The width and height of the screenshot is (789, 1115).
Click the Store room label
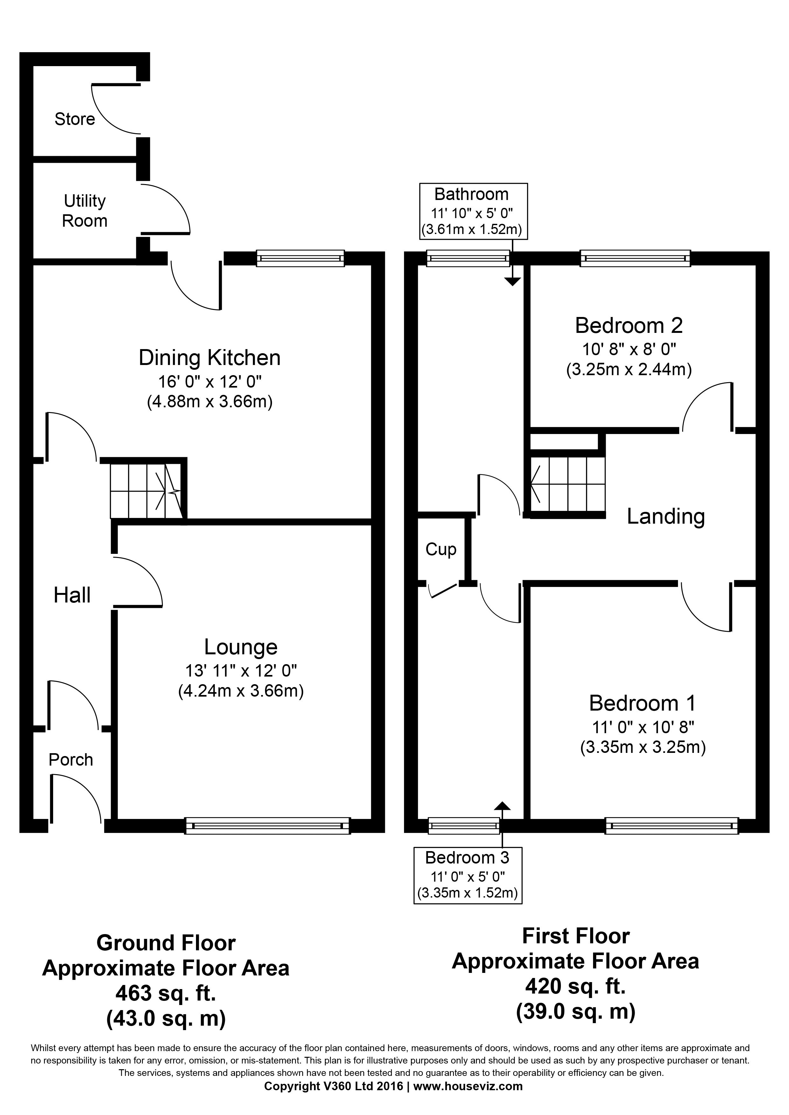(x=75, y=119)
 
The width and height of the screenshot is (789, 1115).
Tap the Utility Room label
(x=85, y=211)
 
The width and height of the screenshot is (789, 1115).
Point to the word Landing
(x=666, y=517)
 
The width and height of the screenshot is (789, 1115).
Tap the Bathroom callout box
(x=474, y=211)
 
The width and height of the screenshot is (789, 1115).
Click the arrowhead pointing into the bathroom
(x=513, y=281)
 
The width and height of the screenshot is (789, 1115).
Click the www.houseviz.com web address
(x=468, y=1099)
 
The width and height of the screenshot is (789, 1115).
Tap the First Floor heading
(x=576, y=936)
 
